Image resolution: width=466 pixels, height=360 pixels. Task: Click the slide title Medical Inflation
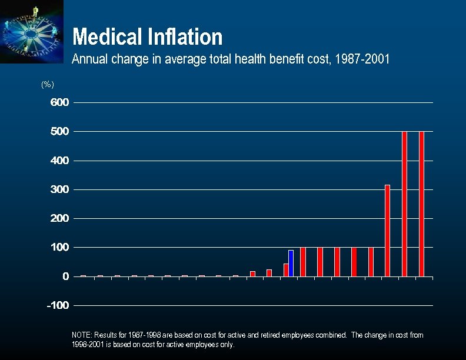pos(147,38)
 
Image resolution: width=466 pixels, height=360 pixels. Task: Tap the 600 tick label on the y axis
pos(59,102)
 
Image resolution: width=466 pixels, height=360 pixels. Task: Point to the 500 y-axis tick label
pos(59,131)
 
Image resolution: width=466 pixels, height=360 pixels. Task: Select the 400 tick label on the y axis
pos(59,161)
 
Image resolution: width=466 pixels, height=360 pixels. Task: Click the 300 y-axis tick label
pos(59,189)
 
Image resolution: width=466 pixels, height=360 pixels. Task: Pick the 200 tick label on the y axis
pos(59,218)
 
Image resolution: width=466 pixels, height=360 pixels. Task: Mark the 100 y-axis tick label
pos(59,248)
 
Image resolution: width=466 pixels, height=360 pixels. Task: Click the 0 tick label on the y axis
pos(65,276)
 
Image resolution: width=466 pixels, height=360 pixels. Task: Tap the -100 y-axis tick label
pos(58,305)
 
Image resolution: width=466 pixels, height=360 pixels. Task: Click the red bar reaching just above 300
pos(387,231)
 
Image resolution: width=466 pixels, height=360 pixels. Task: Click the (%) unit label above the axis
pos(48,85)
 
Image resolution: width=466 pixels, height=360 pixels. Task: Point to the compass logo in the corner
pos(31,31)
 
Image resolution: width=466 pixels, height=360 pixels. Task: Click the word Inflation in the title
pos(187,38)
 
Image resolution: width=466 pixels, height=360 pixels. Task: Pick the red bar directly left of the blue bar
pos(286,270)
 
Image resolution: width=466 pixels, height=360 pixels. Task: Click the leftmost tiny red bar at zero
pos(83,275)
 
